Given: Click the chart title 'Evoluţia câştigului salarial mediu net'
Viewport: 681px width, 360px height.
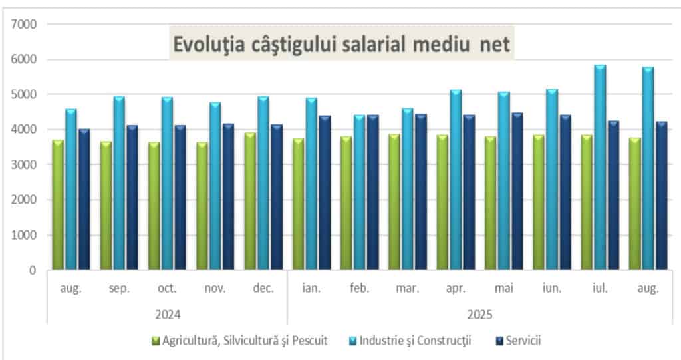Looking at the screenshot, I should pos(341,43).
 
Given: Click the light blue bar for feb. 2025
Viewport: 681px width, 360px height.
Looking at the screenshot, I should pos(359,193).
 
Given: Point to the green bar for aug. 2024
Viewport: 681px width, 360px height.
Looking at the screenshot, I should pos(58,205).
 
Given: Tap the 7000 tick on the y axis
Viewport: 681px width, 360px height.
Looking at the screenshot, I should pos(23,24).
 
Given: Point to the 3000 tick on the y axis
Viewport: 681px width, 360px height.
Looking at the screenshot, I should pos(23,164).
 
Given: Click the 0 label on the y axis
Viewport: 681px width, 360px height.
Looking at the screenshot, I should pos(31,270).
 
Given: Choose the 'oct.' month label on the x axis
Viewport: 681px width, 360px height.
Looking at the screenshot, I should pos(167,289).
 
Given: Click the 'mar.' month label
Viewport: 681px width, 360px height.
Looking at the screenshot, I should pos(407,289).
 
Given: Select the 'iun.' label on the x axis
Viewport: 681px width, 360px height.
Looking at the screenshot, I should pos(551,289).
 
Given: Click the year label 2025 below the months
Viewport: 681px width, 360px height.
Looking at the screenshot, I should pos(479,313).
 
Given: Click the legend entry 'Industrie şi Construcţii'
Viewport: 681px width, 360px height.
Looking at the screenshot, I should pos(415,341).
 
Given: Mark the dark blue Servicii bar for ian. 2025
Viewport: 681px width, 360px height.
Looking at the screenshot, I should pos(324,193).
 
